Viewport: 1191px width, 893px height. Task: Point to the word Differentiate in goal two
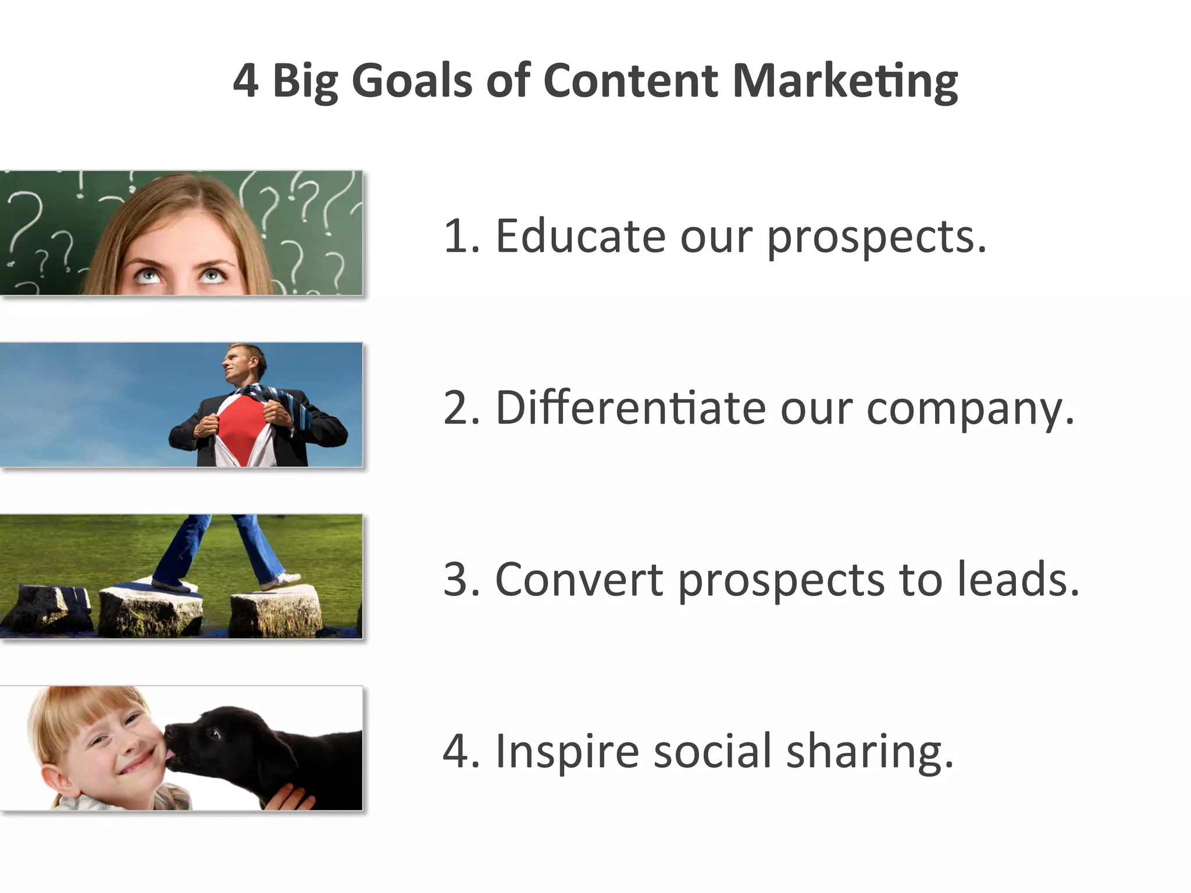click(630, 408)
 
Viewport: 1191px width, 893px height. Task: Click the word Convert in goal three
click(579, 580)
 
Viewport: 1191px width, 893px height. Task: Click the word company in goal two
click(970, 409)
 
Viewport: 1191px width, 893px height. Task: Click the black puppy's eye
click(216, 733)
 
